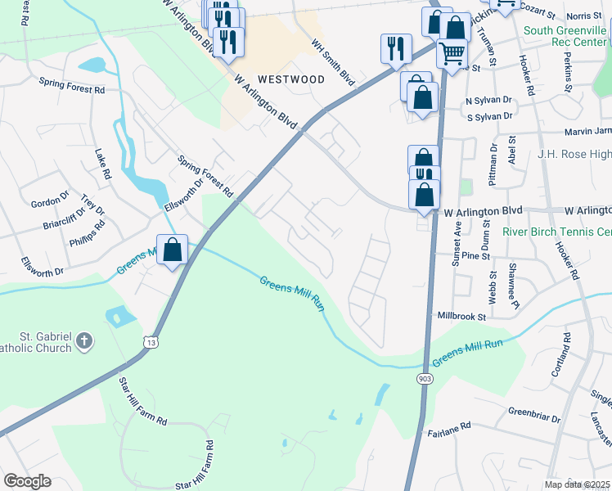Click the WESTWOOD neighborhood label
(290, 79)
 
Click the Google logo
(27, 481)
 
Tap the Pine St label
(474, 256)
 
